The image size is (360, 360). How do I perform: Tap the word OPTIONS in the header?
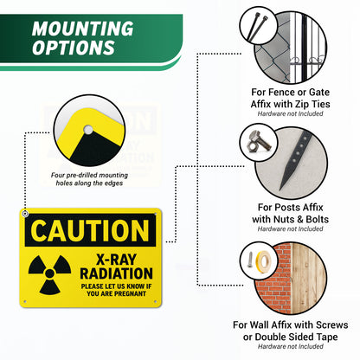click(74, 48)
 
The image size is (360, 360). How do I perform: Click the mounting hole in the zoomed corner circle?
click(87, 132)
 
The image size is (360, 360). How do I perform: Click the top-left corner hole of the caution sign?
click(26, 213)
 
